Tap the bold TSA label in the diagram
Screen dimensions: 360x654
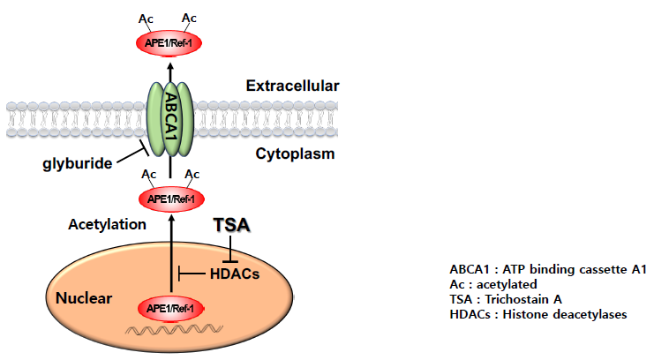(x=232, y=226)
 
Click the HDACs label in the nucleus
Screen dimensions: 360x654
(x=233, y=274)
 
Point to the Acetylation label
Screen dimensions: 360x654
(x=107, y=224)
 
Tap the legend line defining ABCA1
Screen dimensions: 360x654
(x=548, y=269)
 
